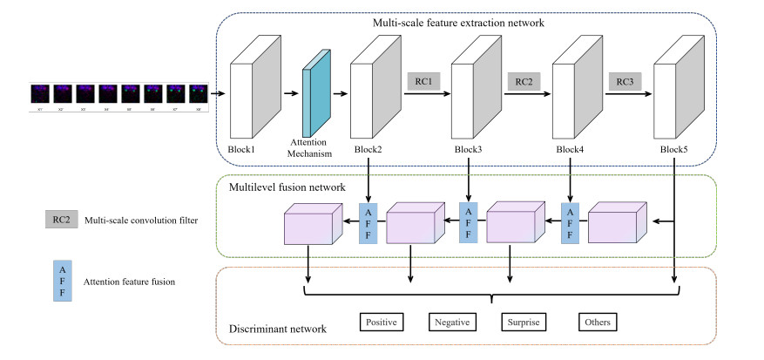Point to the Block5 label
pos(673,149)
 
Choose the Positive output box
pos(382,322)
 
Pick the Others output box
pos(598,322)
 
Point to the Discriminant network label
pos(277,329)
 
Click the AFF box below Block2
pos(368,223)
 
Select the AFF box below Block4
pos(571,223)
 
